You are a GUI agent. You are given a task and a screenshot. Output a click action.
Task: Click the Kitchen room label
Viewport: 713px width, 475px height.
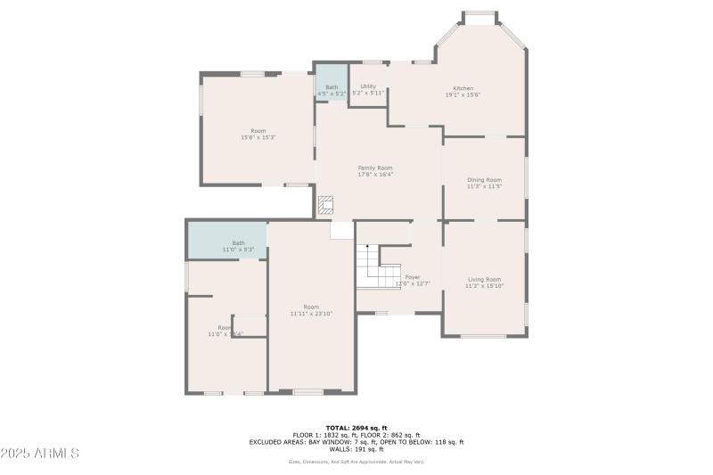[x=463, y=88]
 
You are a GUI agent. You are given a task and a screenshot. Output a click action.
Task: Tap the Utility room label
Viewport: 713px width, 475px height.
[x=367, y=86]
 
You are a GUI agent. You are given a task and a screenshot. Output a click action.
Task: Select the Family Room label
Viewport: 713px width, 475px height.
[x=375, y=168]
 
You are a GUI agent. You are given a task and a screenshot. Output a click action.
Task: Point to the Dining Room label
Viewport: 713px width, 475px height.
[x=484, y=180]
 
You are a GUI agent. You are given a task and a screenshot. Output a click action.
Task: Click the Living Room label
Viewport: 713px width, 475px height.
[x=484, y=279]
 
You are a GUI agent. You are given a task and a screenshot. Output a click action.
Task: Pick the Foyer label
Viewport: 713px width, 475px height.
[x=413, y=277]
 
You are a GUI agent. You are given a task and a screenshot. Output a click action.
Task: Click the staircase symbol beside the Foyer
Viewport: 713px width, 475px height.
[x=369, y=265]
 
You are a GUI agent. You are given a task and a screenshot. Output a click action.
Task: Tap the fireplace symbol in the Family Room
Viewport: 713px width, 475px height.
[x=326, y=205]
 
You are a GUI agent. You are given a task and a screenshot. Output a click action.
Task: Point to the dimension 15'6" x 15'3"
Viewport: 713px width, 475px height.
[x=258, y=137]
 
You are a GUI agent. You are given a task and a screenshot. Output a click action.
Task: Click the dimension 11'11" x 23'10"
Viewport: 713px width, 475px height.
[x=311, y=314]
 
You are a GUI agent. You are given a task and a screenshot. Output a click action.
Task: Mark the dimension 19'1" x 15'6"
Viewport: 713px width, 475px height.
[x=463, y=94]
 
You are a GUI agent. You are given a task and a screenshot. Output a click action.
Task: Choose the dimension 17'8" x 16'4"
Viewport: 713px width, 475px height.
[x=375, y=175]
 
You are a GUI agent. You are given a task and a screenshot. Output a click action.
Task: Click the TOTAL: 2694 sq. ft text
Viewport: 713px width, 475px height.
[x=356, y=428]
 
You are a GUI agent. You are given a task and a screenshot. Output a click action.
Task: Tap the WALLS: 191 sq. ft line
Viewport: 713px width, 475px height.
[x=356, y=448]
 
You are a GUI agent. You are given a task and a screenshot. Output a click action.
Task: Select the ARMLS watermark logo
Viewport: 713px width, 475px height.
[x=40, y=453]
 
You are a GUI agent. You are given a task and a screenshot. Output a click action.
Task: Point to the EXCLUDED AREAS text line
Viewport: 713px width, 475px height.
[x=356, y=442]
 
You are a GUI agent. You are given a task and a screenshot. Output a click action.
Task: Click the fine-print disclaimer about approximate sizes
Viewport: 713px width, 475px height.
[x=356, y=462]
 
